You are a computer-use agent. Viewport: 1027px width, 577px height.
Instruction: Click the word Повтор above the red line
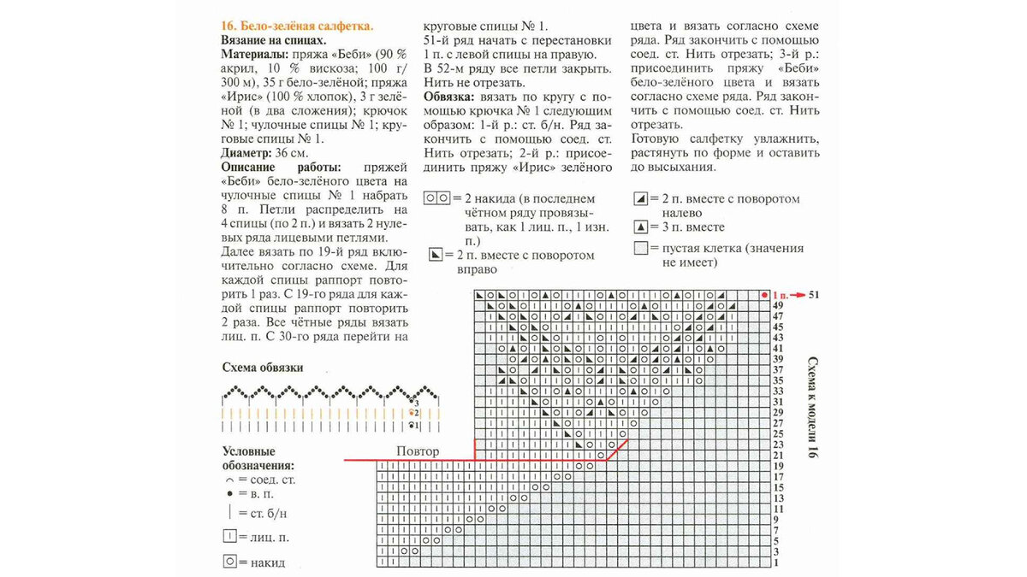[419, 451]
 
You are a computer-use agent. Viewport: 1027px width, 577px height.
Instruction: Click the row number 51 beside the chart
[814, 294]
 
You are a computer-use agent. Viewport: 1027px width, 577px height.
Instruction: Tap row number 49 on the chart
[778, 305]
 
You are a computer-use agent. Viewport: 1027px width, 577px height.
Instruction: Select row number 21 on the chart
[778, 455]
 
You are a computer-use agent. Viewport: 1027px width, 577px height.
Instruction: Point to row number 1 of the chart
[775, 562]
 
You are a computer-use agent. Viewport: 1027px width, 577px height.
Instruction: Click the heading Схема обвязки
[262, 368]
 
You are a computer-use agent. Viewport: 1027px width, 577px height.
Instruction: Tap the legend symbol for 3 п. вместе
[639, 227]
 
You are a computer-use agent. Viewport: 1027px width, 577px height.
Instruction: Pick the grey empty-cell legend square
[639, 249]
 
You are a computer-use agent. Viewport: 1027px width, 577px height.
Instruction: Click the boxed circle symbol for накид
[229, 562]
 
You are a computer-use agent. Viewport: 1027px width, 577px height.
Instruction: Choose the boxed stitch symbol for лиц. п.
[229, 537]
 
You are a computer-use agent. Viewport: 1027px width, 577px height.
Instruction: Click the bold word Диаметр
[246, 152]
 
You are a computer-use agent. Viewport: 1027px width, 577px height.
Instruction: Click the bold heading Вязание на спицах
[273, 40]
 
